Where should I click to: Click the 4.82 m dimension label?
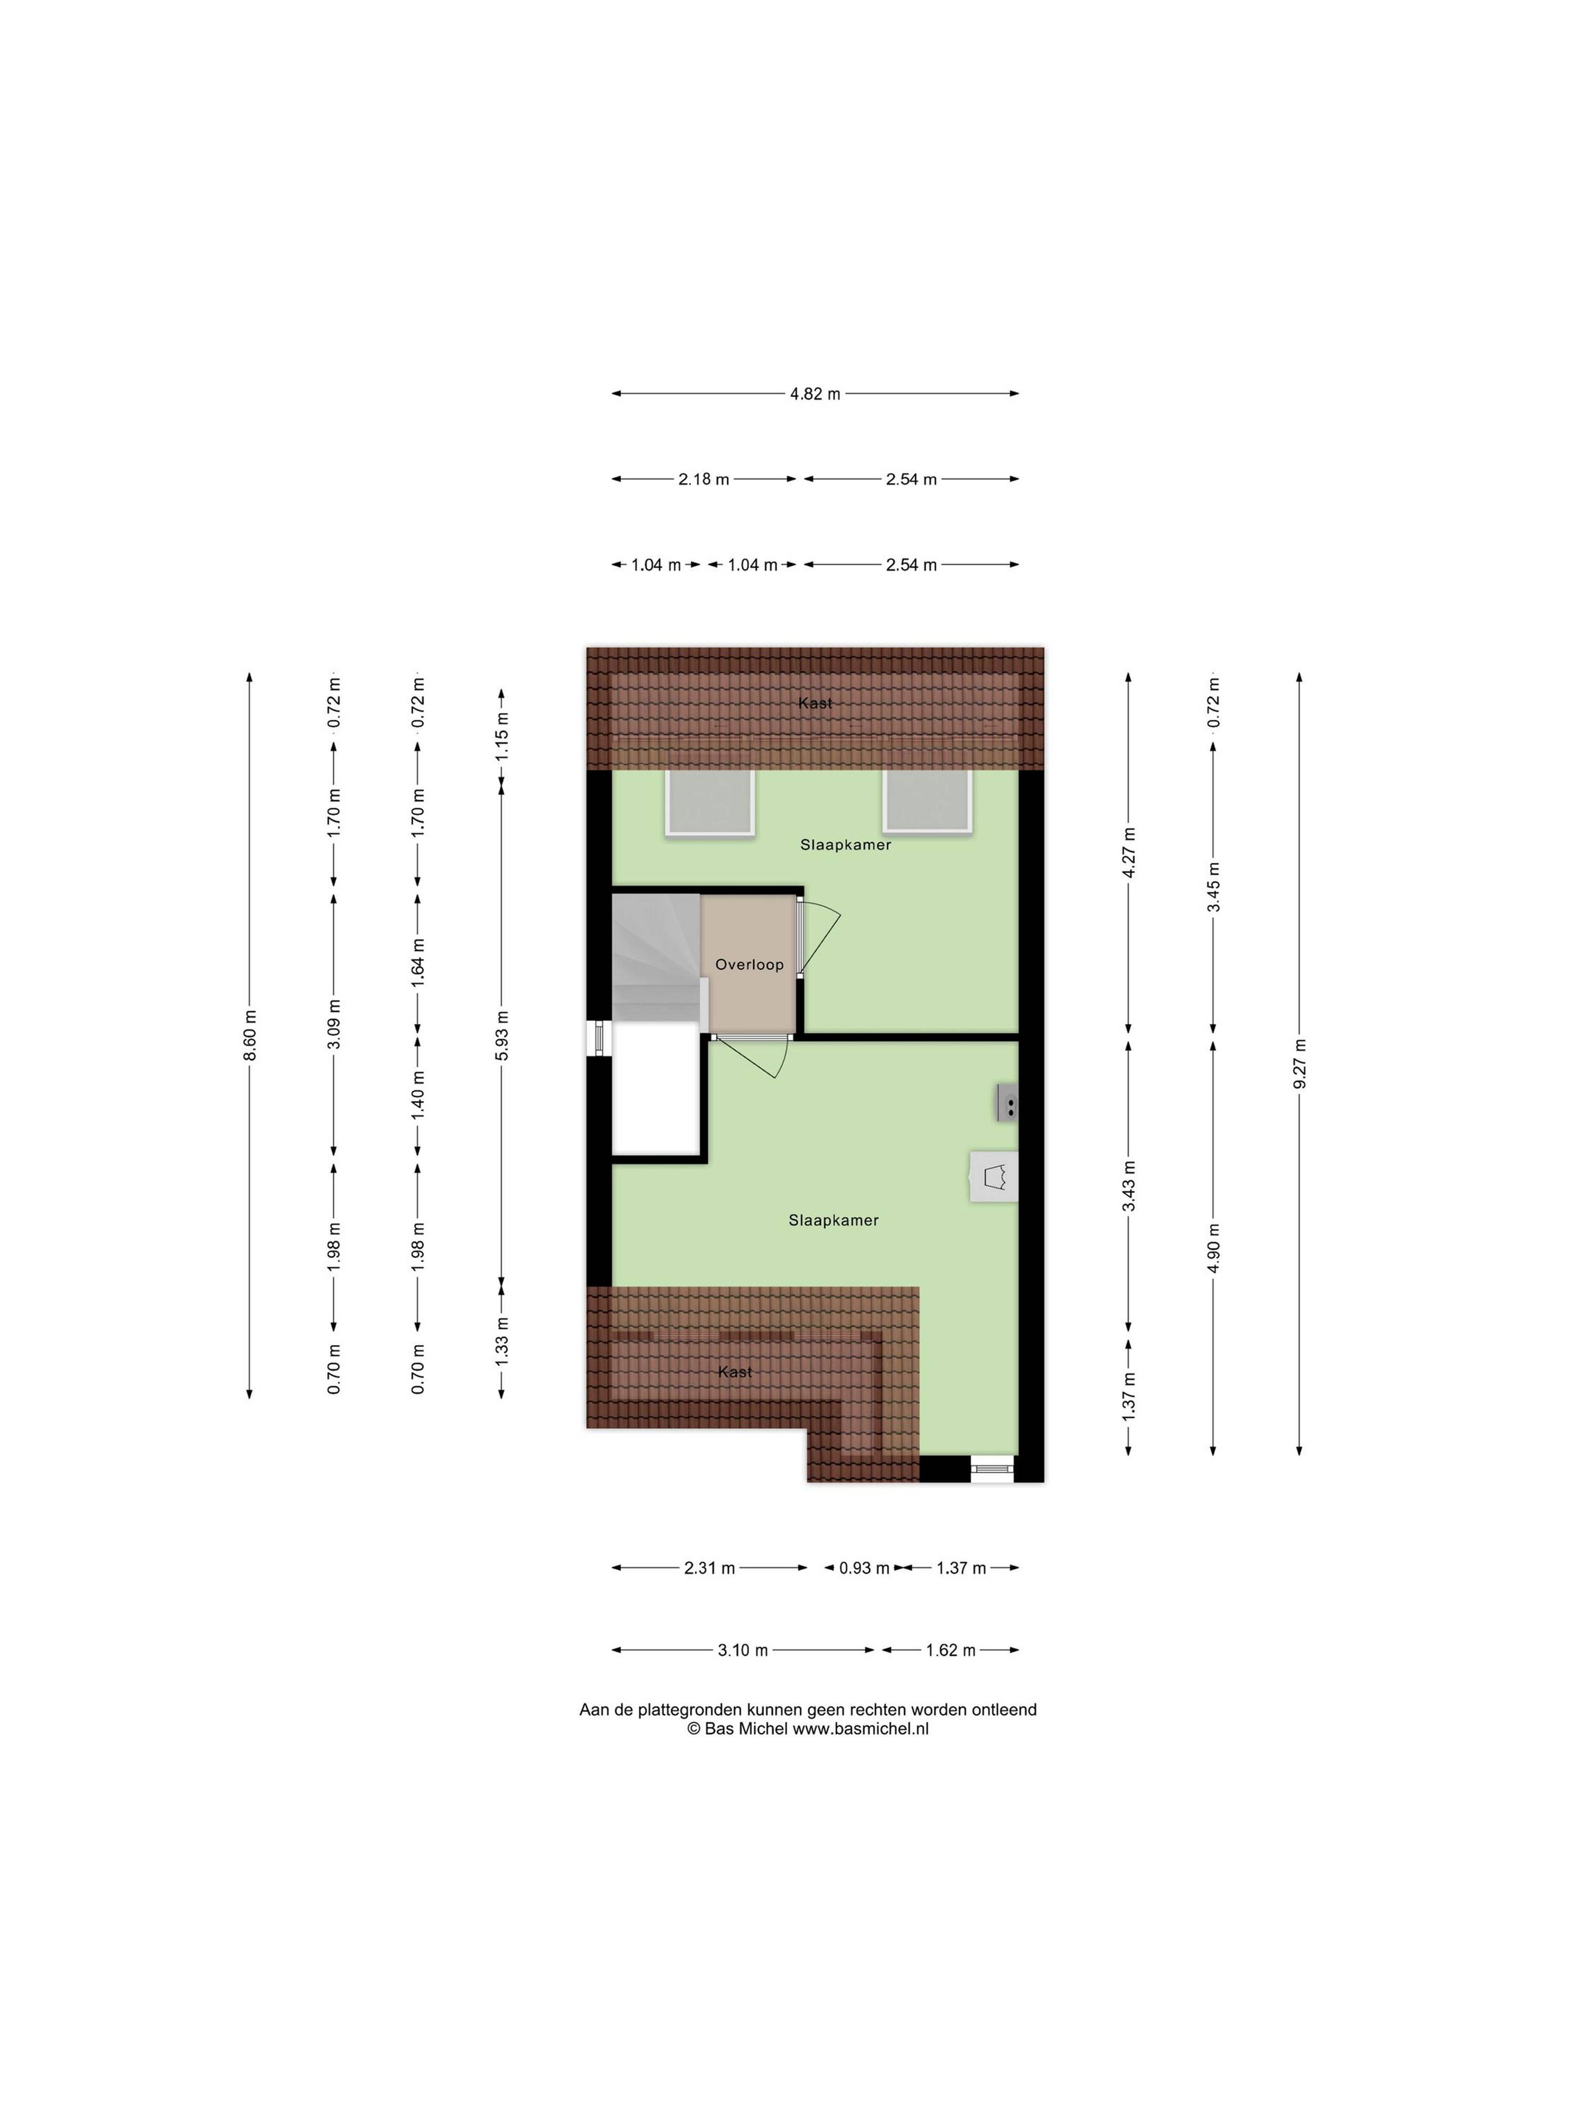(x=814, y=393)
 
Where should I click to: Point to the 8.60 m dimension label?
(x=249, y=1035)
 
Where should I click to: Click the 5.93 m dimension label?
(x=502, y=1035)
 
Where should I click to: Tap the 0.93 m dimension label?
(x=864, y=1567)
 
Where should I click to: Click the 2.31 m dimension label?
(x=710, y=1567)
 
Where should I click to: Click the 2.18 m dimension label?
(x=704, y=479)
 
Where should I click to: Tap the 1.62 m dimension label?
(x=950, y=1650)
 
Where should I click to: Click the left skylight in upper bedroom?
(x=711, y=802)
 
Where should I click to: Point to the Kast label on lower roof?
(x=735, y=1372)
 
